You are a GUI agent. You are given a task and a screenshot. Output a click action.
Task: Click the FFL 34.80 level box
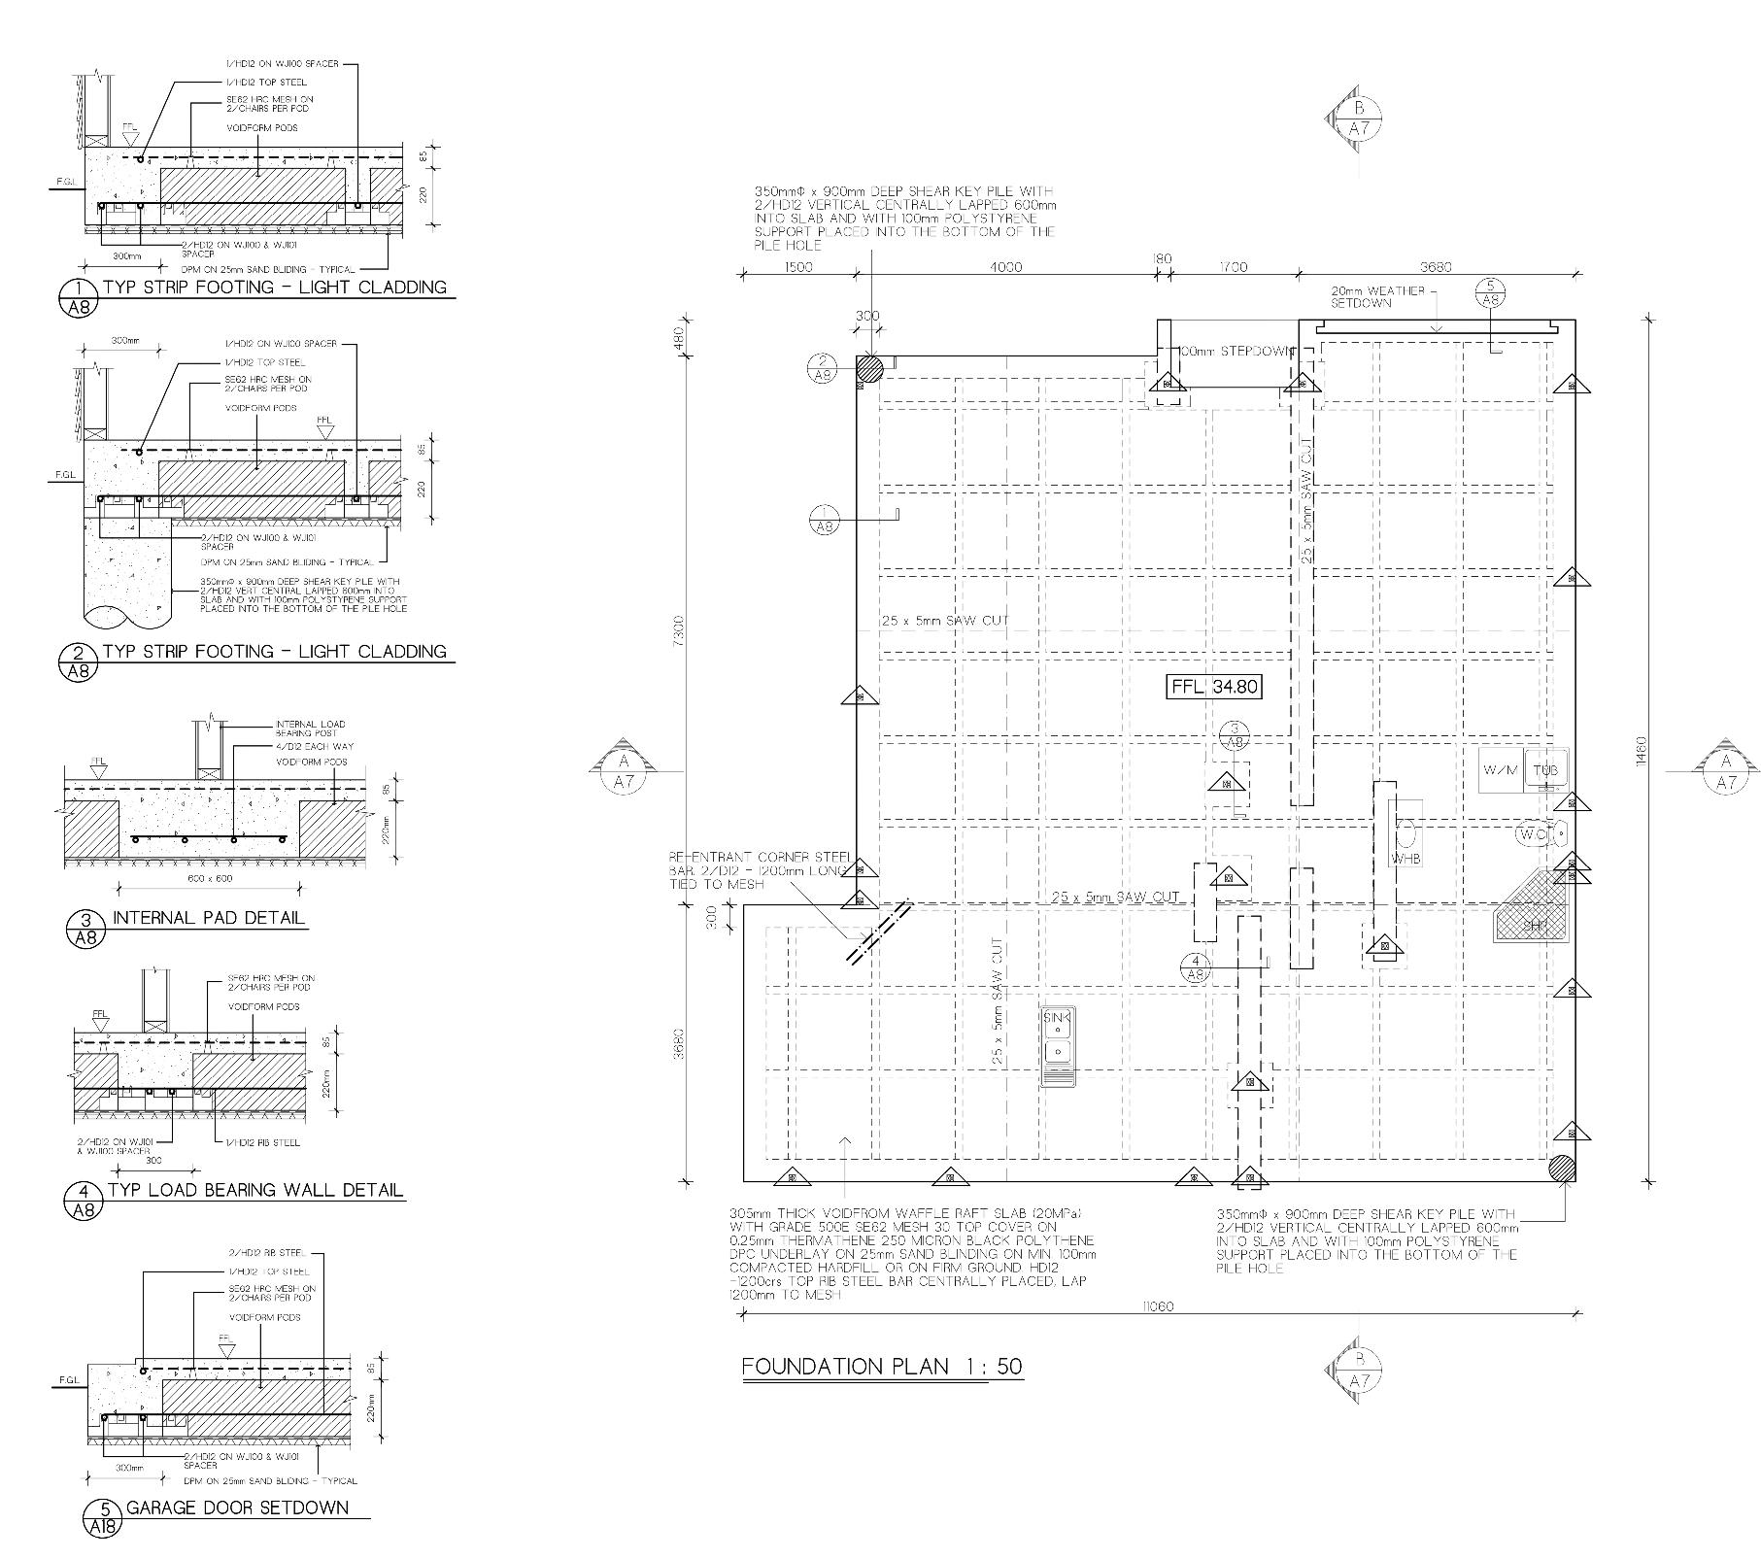(1214, 687)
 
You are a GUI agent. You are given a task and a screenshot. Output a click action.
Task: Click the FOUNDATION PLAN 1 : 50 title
(882, 1367)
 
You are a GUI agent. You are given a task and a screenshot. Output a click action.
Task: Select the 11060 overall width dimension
(1158, 1306)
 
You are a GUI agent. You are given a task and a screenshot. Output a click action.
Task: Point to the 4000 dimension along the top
(1005, 267)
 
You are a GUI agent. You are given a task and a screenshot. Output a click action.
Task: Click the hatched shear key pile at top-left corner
(869, 368)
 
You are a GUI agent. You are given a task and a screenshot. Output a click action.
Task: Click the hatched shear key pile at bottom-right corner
(1561, 1168)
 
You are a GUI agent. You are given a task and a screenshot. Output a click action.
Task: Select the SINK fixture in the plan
(1058, 1044)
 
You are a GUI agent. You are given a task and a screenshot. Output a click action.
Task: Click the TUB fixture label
(1544, 770)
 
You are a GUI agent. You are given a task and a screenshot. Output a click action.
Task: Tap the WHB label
(1405, 859)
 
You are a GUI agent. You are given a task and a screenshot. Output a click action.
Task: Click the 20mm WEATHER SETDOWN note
(1377, 296)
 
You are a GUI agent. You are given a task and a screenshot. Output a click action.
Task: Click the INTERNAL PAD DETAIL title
(209, 918)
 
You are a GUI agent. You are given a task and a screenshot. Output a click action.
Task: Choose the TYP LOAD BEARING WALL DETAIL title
(254, 1190)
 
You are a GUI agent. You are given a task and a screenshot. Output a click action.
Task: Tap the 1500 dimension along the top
(796, 267)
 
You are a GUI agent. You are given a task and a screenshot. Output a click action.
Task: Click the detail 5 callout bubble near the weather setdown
(1491, 291)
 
